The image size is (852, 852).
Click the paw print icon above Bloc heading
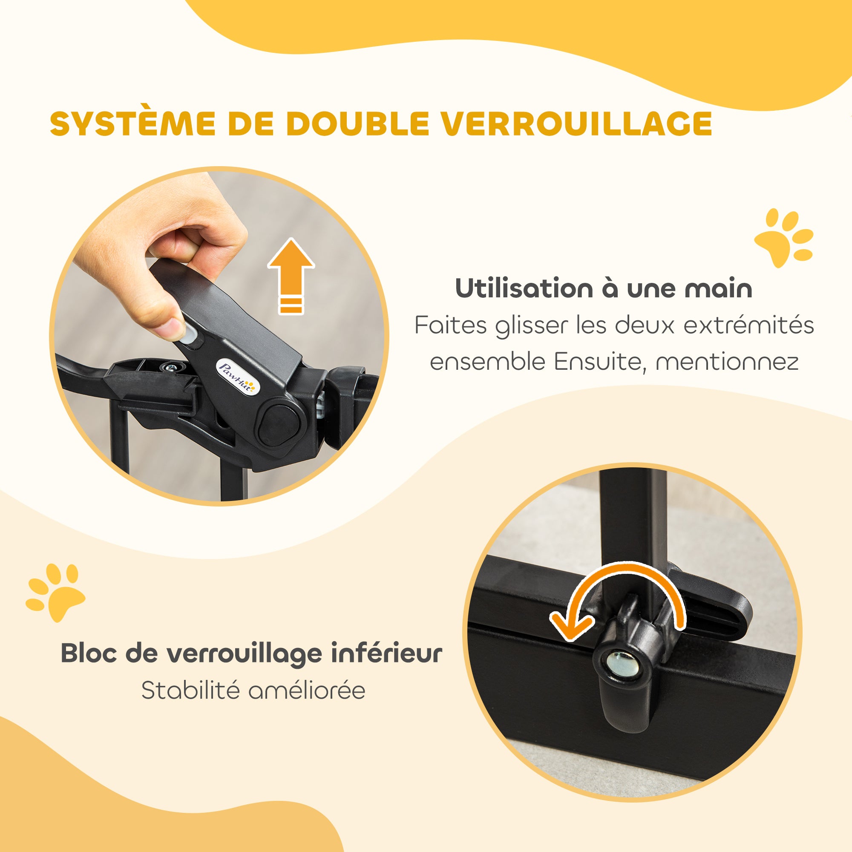coord(55,591)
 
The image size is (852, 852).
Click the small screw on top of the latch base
coord(170,367)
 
